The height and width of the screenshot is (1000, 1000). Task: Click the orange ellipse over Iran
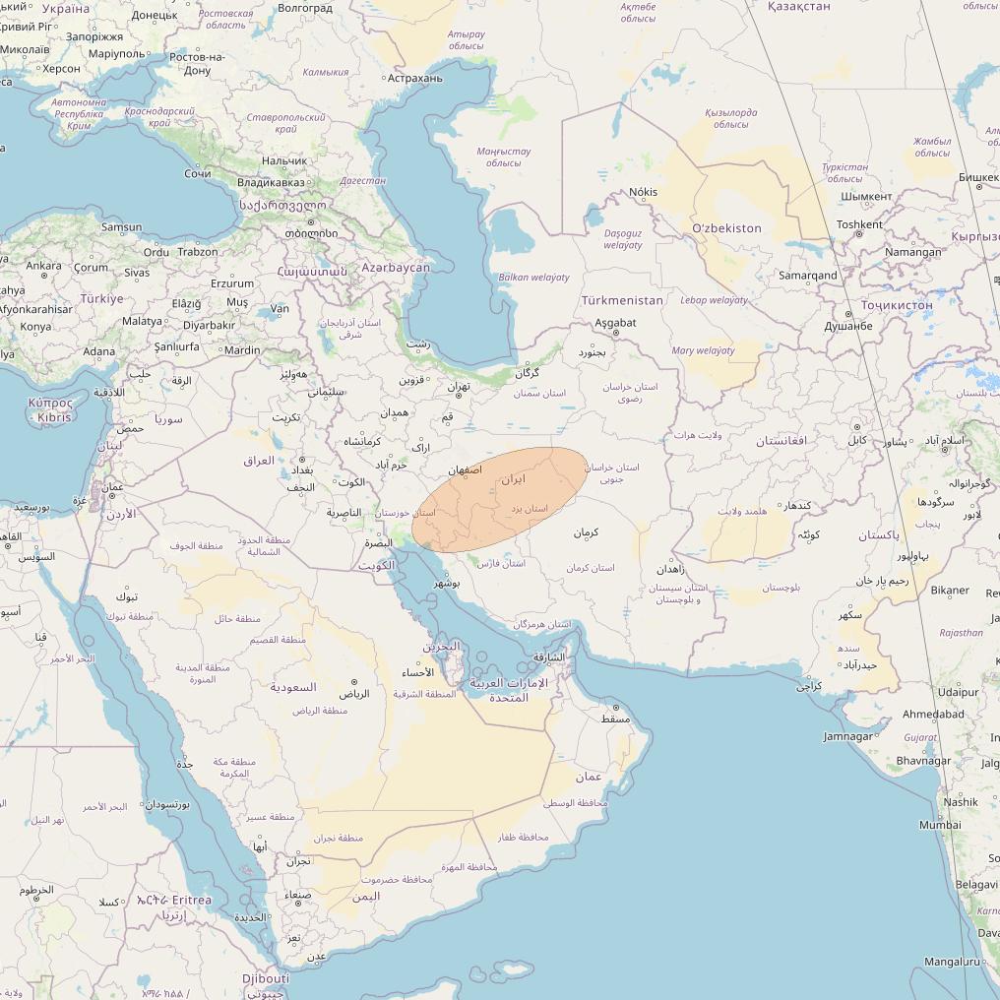500,499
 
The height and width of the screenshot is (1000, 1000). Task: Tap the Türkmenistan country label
622,300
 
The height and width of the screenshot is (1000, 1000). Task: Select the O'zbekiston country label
726,228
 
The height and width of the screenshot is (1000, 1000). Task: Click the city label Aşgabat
616,323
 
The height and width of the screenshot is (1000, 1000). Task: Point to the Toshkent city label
859,224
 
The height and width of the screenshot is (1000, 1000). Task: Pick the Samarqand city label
807,276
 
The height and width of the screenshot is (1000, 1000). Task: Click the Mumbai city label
940,825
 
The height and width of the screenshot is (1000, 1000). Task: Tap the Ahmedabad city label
933,715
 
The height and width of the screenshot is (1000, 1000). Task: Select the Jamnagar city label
848,736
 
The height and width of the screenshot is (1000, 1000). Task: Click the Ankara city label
43,266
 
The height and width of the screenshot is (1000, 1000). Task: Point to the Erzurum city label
232,283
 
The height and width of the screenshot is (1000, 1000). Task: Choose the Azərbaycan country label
396,268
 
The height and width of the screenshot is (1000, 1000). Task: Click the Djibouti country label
266,979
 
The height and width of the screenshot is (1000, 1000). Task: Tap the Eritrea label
191,901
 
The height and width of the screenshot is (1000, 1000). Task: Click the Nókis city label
644,192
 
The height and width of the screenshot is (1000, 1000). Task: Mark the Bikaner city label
950,591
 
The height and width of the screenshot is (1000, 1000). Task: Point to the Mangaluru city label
953,962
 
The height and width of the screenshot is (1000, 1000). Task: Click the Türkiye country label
102,298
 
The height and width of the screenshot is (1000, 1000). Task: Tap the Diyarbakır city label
209,326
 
